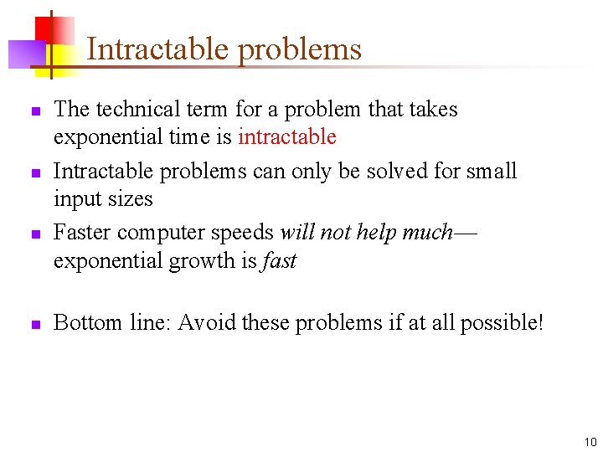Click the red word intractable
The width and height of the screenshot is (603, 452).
pyautogui.click(x=287, y=137)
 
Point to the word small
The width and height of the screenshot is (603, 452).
pyautogui.click(x=492, y=172)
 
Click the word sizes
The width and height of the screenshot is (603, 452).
pyautogui.click(x=131, y=199)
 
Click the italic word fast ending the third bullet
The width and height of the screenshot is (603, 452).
pyautogui.click(x=280, y=260)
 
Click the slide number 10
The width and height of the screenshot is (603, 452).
pyautogui.click(x=590, y=441)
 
